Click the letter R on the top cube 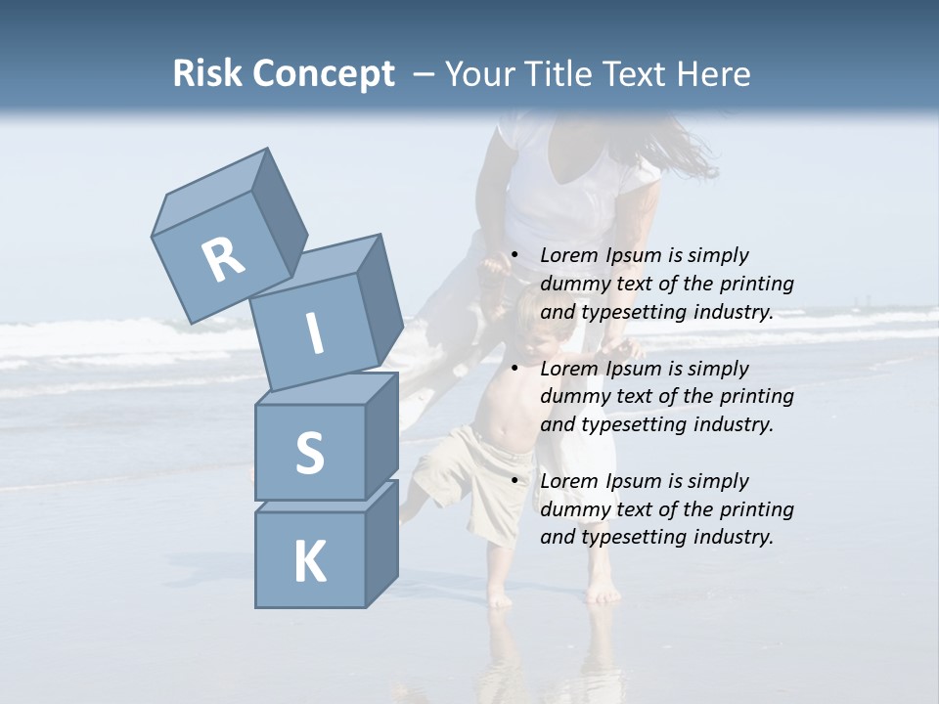(x=223, y=260)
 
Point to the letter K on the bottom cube (x=309, y=562)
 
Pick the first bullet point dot (x=514, y=256)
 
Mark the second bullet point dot (x=514, y=369)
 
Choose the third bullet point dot (x=514, y=481)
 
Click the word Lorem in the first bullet (x=566, y=256)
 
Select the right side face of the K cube (x=381, y=543)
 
